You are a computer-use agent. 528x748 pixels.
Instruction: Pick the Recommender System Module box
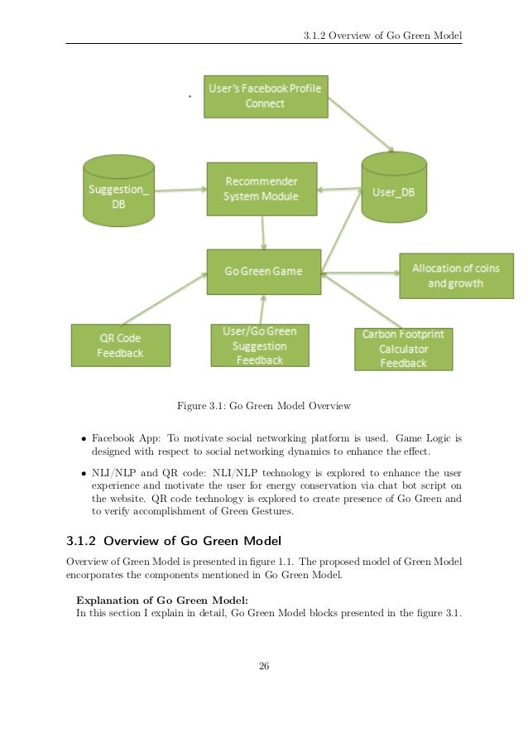pyautogui.click(x=261, y=189)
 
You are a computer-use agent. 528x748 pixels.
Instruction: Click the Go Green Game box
pyautogui.click(x=263, y=271)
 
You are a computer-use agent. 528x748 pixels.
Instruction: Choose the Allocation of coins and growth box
pyautogui.click(x=455, y=275)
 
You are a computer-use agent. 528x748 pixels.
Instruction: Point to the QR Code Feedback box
pyautogui.click(x=120, y=345)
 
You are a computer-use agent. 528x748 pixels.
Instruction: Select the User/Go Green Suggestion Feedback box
pyautogui.click(x=260, y=345)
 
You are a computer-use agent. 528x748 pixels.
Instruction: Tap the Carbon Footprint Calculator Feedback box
pyautogui.click(x=404, y=349)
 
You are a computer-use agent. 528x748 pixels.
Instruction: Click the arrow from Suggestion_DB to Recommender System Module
pyautogui.click(x=180, y=191)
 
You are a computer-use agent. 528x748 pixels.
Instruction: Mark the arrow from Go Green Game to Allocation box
pyautogui.click(x=360, y=271)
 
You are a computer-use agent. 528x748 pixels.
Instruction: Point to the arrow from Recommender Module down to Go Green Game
pyautogui.click(x=263, y=231)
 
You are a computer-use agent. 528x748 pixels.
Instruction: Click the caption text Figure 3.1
pyautogui.click(x=264, y=406)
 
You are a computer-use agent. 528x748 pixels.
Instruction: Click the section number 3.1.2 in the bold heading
pyautogui.click(x=81, y=542)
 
